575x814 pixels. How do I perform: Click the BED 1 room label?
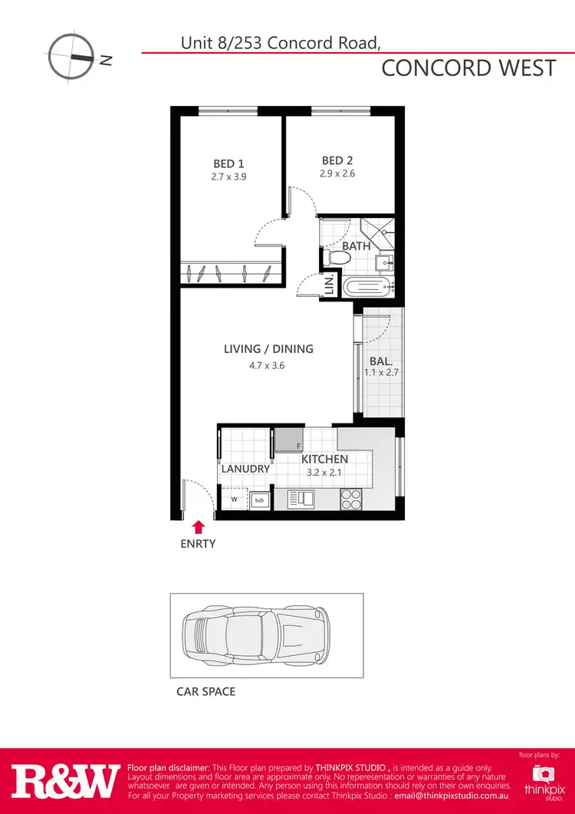[x=228, y=163]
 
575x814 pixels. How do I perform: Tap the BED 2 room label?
[x=337, y=160]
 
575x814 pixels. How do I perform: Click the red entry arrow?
[x=199, y=526]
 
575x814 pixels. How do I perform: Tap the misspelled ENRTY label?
[x=199, y=544]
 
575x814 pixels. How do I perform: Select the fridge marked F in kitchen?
[x=290, y=440]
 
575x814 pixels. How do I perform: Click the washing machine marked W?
[x=232, y=499]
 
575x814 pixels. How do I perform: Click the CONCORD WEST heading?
[x=468, y=68]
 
